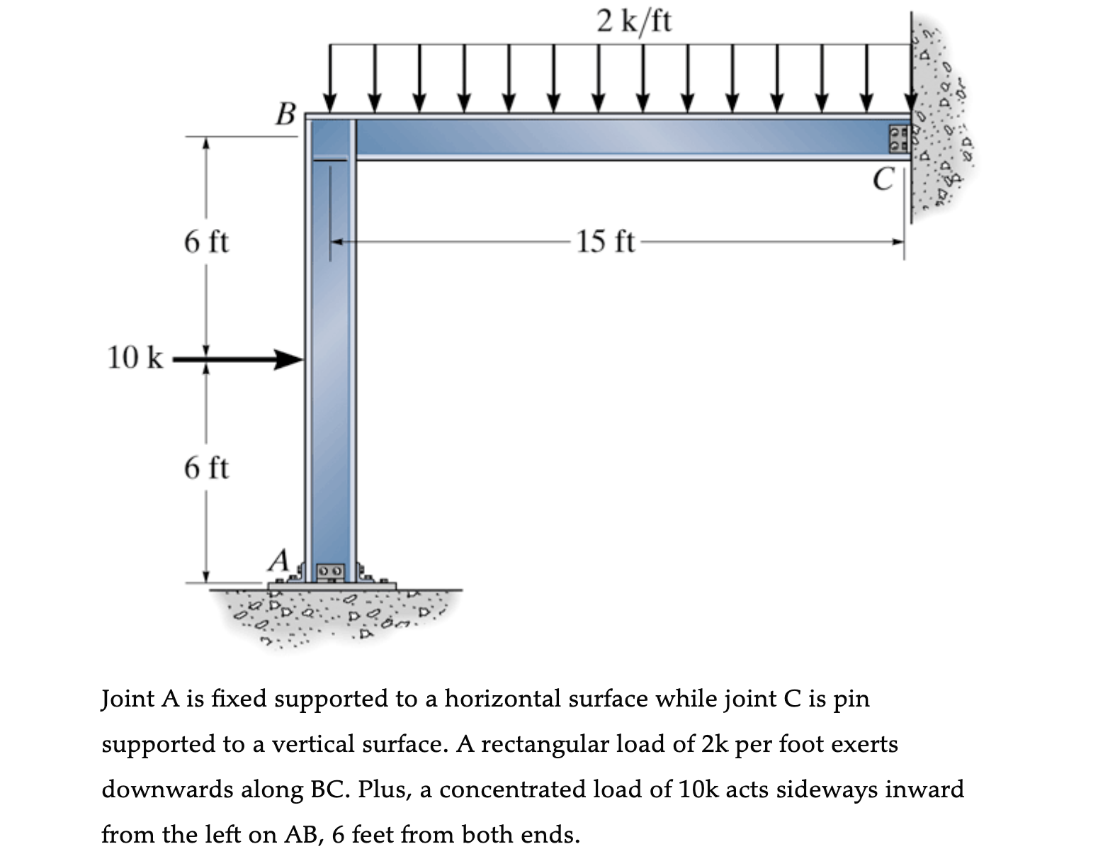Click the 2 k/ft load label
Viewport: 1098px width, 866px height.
tap(633, 21)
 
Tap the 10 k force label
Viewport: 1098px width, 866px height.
tap(135, 359)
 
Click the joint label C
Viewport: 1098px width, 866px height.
tap(883, 179)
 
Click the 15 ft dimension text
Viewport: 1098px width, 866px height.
tap(605, 242)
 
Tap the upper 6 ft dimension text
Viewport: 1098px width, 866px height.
tap(206, 242)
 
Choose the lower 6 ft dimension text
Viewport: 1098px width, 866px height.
tap(206, 468)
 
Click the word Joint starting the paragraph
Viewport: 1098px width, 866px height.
tap(128, 699)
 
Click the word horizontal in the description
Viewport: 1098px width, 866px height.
tap(501, 699)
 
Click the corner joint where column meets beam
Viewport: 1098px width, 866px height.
tap(330, 139)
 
